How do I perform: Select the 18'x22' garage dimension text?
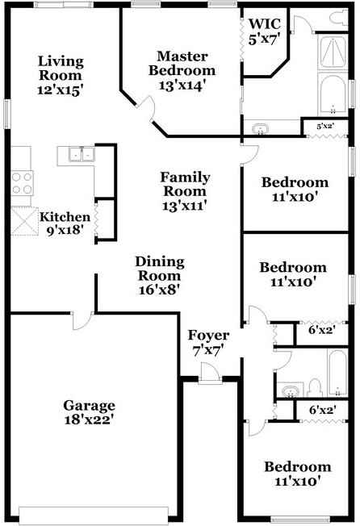[x=90, y=420]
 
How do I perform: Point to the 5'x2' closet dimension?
[x=325, y=127]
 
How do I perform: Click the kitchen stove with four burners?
[x=20, y=182]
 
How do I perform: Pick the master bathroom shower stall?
[x=331, y=51]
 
